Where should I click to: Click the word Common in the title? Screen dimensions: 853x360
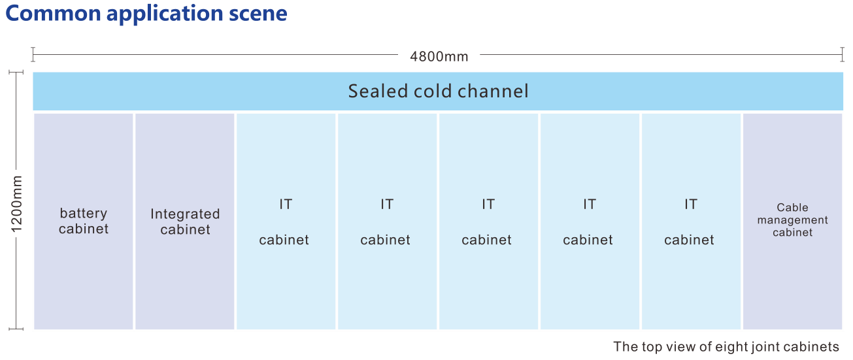(x=54, y=13)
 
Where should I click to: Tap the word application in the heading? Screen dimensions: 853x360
(x=165, y=14)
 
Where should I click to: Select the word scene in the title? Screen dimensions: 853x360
(x=258, y=14)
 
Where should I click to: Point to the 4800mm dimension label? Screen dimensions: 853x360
(x=439, y=57)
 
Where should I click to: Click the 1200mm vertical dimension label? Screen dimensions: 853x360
(x=16, y=204)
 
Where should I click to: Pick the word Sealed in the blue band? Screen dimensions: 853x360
(x=378, y=91)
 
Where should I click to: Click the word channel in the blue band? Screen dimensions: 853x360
(x=493, y=91)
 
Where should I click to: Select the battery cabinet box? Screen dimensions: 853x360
(x=84, y=221)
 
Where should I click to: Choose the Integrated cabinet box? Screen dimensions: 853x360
(x=185, y=221)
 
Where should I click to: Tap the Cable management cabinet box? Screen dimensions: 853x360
(x=792, y=221)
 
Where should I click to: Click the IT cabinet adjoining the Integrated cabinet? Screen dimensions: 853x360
(x=286, y=221)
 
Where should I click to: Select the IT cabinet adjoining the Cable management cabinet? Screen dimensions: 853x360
(x=691, y=221)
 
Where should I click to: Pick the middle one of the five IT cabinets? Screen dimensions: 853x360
(x=488, y=221)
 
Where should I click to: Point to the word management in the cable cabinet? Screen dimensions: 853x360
(x=792, y=220)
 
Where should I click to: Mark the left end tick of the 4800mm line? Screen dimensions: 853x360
(x=33, y=54)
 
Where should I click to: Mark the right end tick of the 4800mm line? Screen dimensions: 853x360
(x=842, y=54)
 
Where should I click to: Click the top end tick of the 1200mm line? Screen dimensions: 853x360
(x=16, y=72)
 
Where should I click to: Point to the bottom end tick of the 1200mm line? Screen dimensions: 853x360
(x=16, y=329)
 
